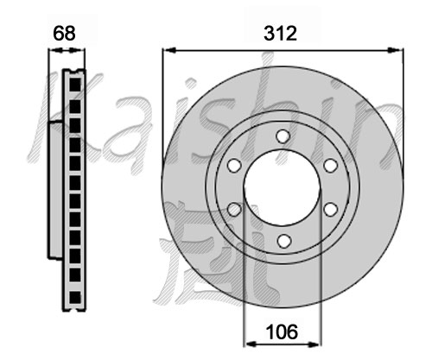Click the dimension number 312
[280, 34]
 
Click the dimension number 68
[64, 34]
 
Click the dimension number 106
[282, 332]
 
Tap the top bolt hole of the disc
[283, 136]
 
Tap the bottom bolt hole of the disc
[283, 241]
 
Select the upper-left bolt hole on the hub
[234, 166]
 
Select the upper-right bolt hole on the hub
[330, 166]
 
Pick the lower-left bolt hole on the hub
[234, 209]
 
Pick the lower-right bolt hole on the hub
[330, 209]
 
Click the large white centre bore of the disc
[282, 187]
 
